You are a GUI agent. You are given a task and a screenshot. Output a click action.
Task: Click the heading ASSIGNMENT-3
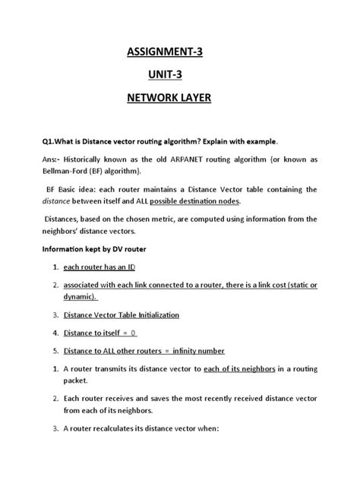tap(179, 52)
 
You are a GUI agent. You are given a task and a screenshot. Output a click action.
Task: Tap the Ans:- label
tap(51, 160)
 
